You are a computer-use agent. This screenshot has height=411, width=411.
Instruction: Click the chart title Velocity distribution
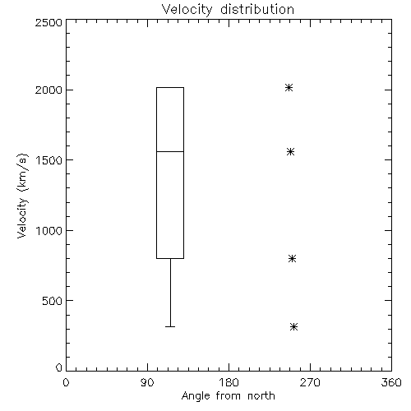[228, 10]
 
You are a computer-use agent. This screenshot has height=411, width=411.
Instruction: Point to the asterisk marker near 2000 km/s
[289, 88]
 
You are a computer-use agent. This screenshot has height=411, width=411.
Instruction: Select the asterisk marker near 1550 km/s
[290, 151]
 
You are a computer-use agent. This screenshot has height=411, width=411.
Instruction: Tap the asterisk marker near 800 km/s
[292, 258]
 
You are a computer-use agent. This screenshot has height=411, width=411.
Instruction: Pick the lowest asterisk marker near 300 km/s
[293, 326]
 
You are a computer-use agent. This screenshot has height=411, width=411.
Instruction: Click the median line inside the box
[170, 151]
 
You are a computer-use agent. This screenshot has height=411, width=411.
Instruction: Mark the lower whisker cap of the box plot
[170, 326]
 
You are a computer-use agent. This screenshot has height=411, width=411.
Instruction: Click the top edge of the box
[170, 88]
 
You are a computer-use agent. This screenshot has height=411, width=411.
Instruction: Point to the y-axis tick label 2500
[48, 22]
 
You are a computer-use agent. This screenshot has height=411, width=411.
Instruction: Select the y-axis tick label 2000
[48, 90]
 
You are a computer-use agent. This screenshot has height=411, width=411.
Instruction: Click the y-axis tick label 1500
[49, 160]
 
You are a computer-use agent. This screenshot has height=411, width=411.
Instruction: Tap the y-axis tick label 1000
[49, 230]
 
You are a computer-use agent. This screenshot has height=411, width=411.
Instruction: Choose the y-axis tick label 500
[53, 301]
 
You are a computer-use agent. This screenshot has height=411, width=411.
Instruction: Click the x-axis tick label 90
[147, 382]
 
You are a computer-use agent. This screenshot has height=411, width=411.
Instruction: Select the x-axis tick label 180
[229, 382]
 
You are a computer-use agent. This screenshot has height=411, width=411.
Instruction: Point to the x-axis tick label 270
[310, 382]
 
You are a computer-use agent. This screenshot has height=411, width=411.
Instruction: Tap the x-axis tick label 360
[391, 382]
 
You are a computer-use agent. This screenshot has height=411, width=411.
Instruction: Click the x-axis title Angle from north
[229, 396]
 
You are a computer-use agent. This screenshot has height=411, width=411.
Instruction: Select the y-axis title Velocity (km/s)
[22, 196]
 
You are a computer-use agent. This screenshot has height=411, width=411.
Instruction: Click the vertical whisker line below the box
[170, 293]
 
